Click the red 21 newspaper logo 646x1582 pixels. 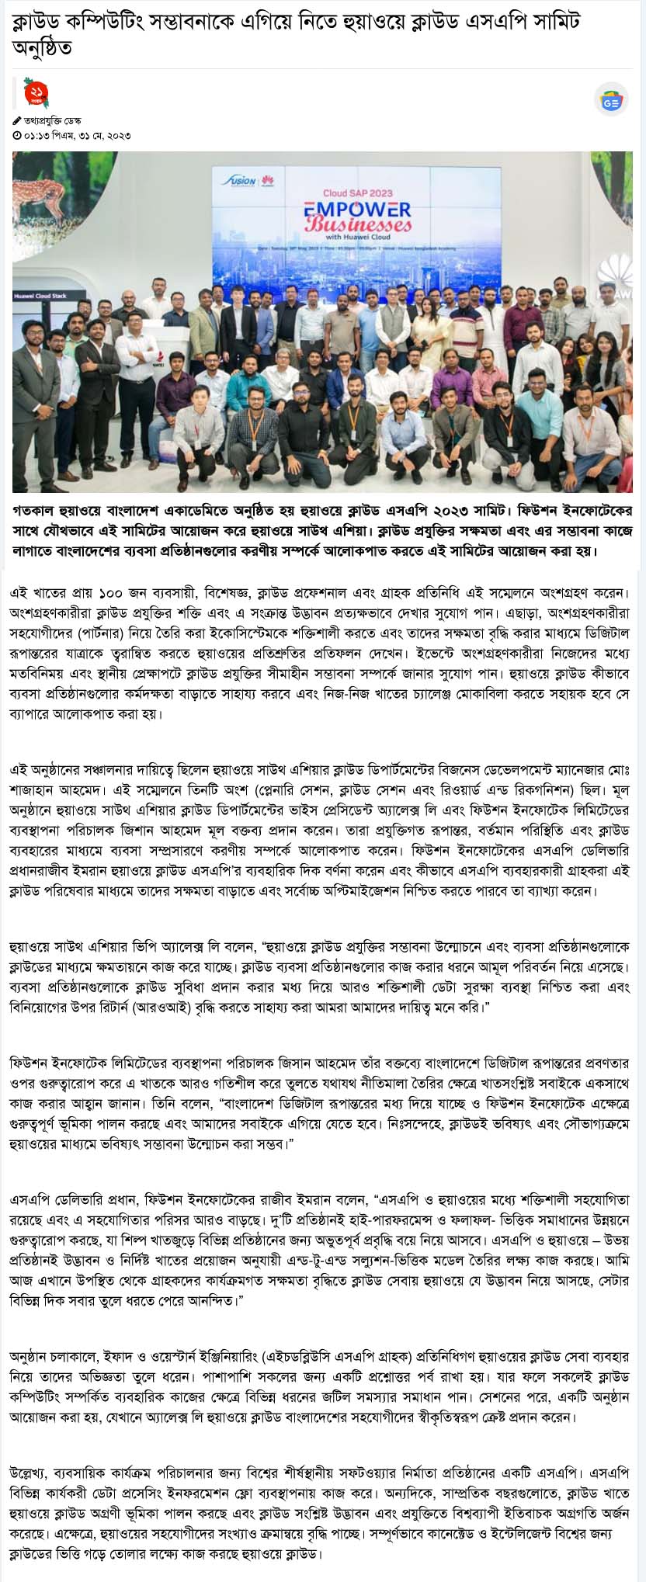36,93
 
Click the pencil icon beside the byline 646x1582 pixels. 17,120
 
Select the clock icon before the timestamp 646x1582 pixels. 17,135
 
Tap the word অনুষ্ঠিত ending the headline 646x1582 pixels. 42,48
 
